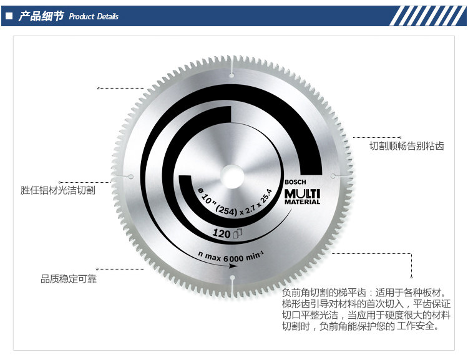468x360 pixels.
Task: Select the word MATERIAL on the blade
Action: (302, 202)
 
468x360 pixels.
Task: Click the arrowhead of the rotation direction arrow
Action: (232, 266)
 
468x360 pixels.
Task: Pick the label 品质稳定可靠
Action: (69, 279)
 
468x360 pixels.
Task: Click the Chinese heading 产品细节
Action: (41, 16)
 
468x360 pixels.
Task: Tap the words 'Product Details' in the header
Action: (94, 17)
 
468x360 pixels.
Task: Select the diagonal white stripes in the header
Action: (424, 16)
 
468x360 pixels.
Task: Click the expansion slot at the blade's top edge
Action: (232, 67)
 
